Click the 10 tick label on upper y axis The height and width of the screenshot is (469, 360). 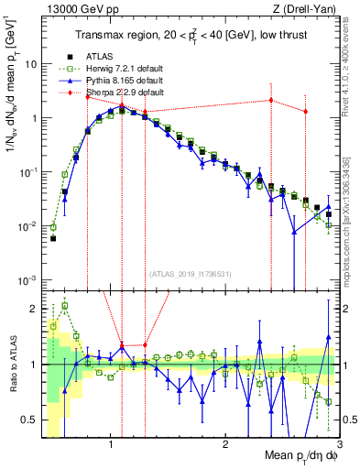30,65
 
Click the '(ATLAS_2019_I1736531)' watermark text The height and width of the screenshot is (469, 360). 190,274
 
